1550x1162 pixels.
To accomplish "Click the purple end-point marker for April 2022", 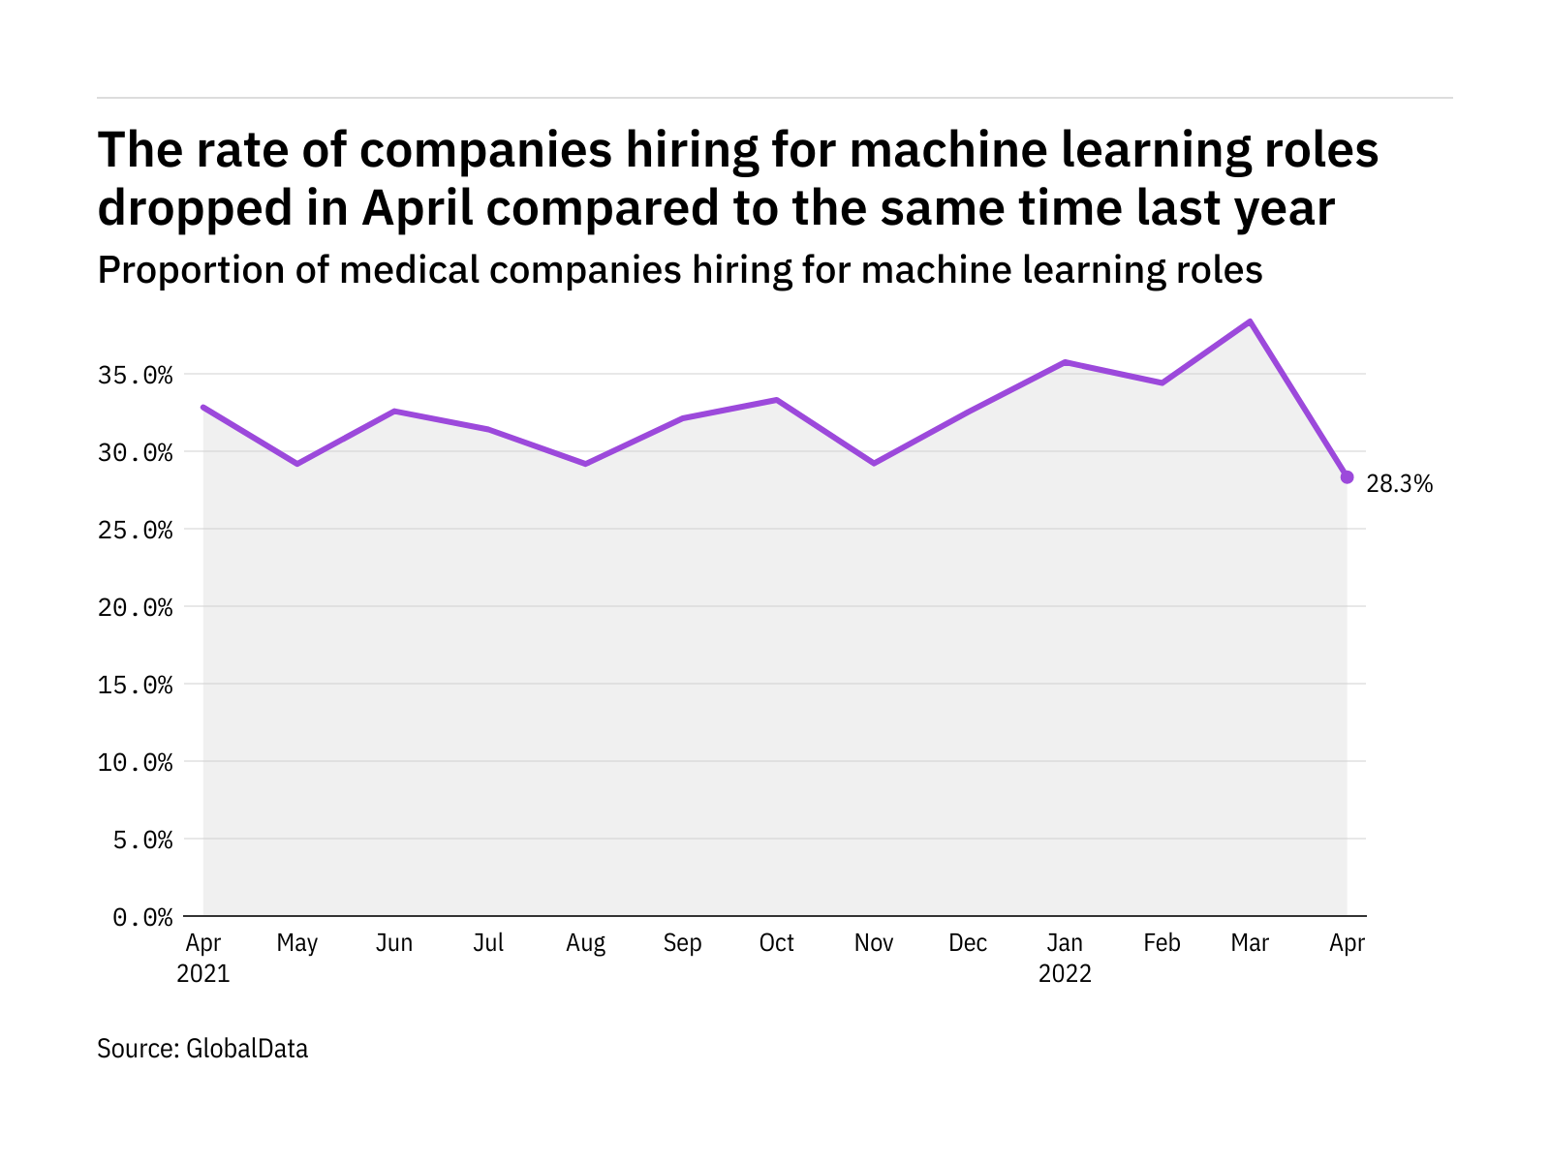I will point(1347,477).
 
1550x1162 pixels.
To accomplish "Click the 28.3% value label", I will point(1399,484).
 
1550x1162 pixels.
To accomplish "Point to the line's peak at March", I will point(1250,321).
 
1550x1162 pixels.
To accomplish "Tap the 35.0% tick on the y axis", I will point(136,375).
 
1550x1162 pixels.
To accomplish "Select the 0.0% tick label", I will point(143,917).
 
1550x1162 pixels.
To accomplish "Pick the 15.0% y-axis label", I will point(136,685).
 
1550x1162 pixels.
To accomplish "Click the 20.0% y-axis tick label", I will point(136,607).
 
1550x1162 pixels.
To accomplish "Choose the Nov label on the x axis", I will point(874,943).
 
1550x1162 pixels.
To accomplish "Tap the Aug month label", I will point(585,943).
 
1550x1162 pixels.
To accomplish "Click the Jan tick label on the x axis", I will point(1066,943).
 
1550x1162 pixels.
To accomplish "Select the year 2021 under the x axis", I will point(203,973).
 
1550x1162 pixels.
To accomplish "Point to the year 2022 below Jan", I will point(1066,973).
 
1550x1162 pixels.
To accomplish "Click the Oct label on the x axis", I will point(777,943).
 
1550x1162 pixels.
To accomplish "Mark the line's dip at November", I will point(874,463).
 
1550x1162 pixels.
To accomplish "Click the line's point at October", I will point(777,399).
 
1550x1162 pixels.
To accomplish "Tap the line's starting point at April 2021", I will point(203,407).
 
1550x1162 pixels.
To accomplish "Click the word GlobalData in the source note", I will point(247,1049).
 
